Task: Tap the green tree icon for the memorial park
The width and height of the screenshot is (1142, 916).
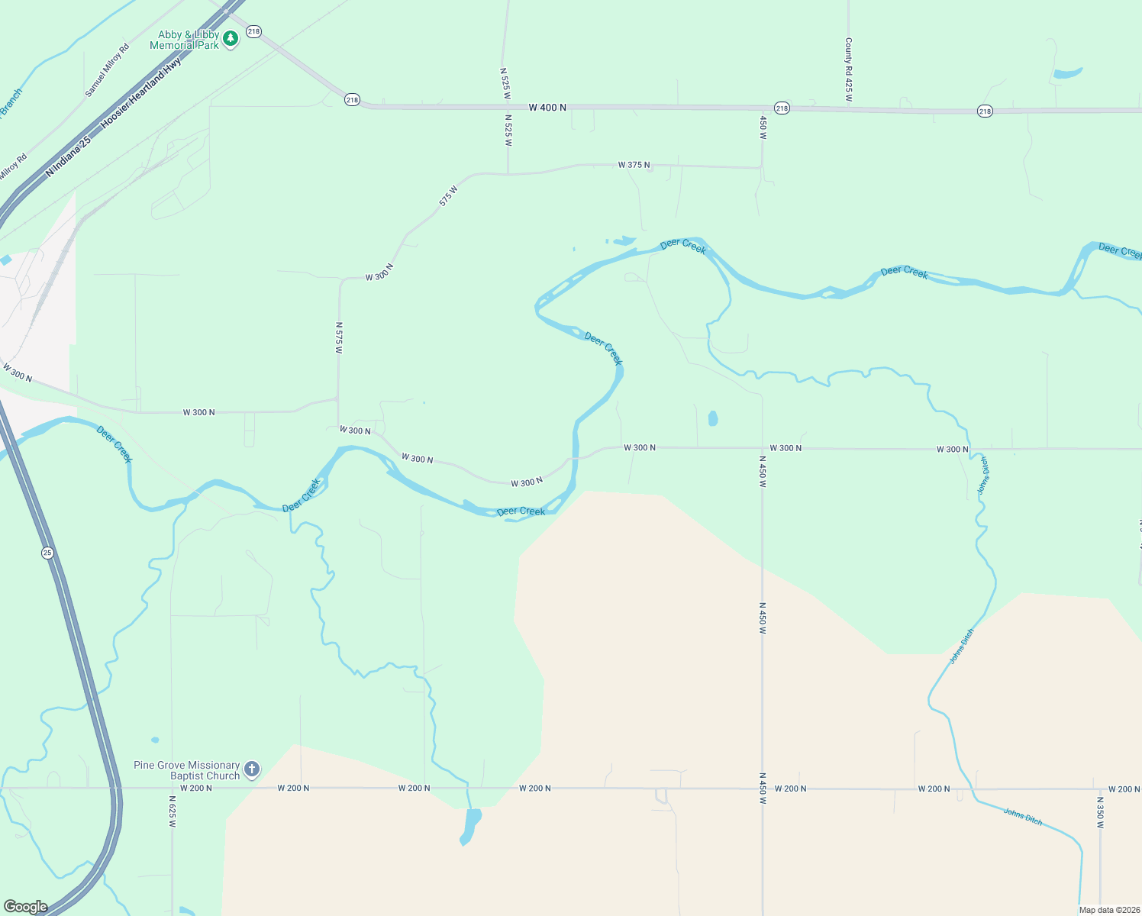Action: coord(231,38)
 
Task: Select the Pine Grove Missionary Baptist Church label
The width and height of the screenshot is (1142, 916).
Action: coord(186,770)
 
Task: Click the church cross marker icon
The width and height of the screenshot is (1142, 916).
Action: coord(252,769)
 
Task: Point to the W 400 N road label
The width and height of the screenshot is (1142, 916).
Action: coord(547,108)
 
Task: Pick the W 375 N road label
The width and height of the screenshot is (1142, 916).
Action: coord(634,165)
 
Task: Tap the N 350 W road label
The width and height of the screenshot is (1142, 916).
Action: coord(1100,814)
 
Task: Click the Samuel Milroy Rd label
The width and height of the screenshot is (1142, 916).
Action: coord(107,69)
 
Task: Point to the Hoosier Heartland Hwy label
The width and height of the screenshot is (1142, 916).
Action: coord(141,92)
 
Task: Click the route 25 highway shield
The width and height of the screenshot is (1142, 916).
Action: coord(47,553)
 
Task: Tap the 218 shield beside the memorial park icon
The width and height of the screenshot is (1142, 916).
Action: coord(253,32)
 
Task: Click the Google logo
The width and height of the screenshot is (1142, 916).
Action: coord(25,907)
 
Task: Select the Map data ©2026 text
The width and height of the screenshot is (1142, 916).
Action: coord(1108,910)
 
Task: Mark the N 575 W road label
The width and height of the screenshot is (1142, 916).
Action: coord(339,337)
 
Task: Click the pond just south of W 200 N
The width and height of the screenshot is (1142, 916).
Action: coord(471,826)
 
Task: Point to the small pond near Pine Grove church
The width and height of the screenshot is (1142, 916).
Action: coord(155,740)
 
